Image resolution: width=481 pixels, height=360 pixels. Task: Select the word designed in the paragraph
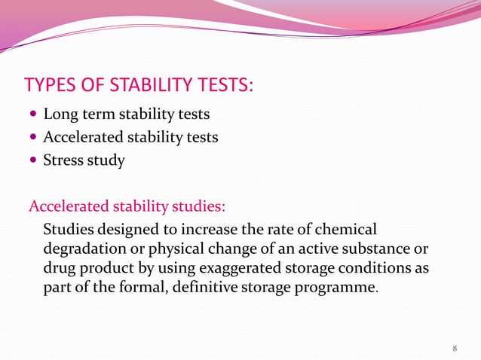click(127, 229)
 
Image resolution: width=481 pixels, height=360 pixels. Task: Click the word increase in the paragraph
click(201, 229)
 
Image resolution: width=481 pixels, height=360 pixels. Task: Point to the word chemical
click(345, 229)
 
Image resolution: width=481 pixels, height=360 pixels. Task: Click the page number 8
click(455, 347)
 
